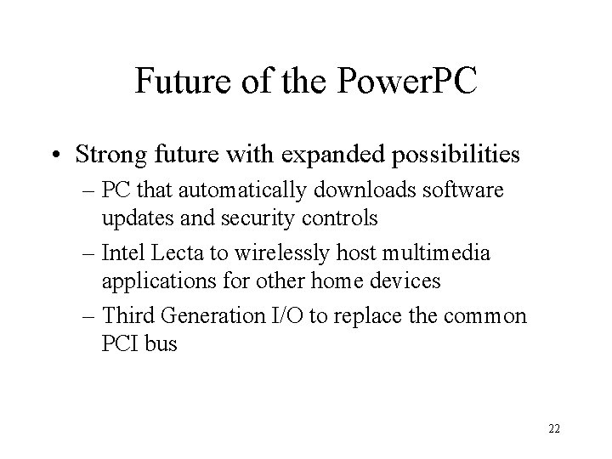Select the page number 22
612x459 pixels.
(554, 429)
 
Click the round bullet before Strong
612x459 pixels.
(55, 155)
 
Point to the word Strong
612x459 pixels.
(111, 155)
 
